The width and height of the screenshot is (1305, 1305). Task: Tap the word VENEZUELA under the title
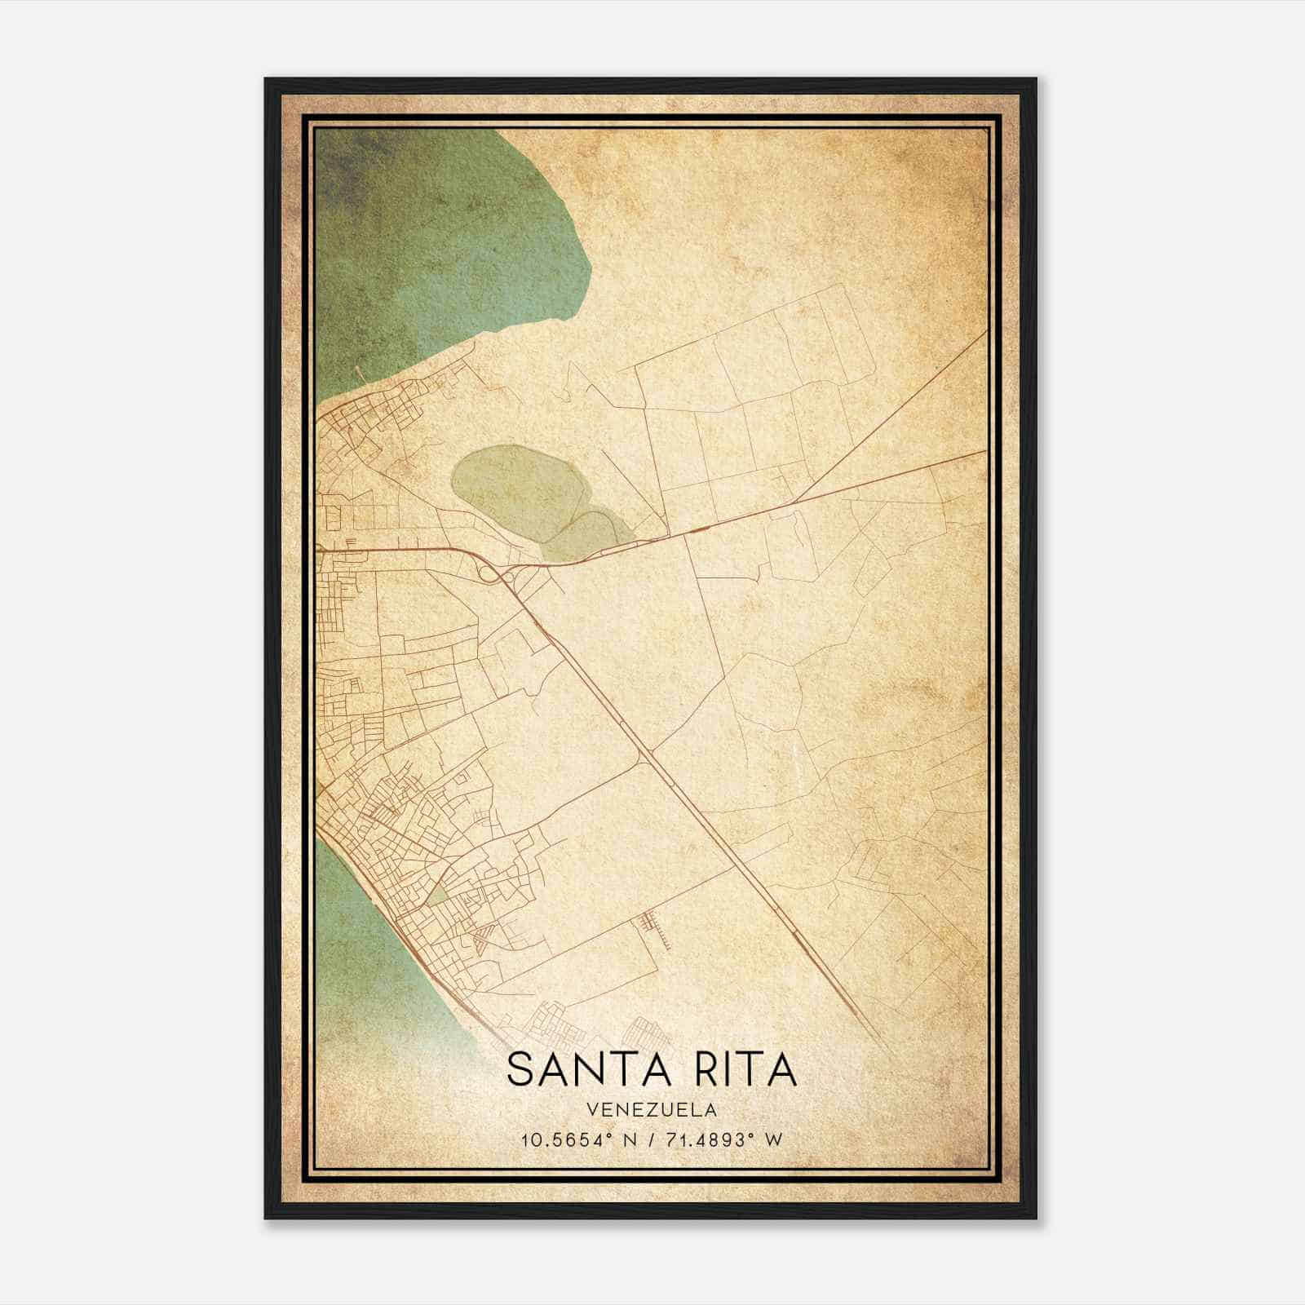(x=652, y=1110)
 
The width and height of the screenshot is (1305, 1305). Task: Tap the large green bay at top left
(x=432, y=245)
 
